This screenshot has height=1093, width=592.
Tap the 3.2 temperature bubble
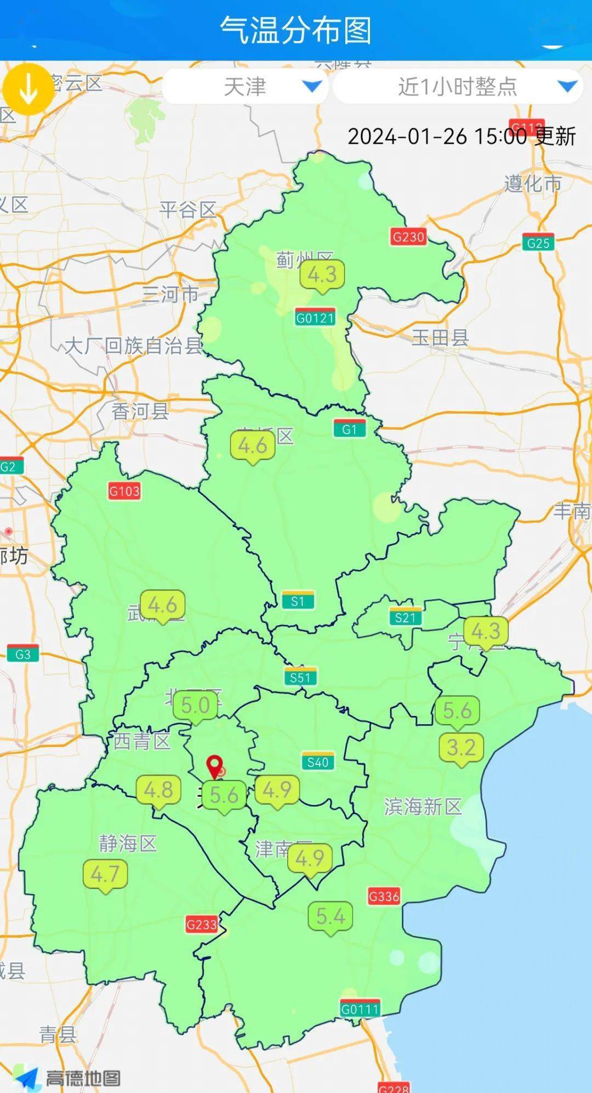point(461,747)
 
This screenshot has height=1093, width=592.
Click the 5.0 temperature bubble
point(195,706)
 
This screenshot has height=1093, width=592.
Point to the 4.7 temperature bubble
point(105,874)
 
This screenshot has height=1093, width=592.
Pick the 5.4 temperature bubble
point(331,916)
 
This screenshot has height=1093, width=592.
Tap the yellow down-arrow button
point(28,89)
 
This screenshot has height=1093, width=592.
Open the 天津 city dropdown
point(245,87)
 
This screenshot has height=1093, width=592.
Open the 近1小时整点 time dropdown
point(458,87)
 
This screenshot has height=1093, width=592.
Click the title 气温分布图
point(296,30)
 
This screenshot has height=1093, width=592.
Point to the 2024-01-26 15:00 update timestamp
point(462,136)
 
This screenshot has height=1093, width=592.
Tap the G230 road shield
point(408,237)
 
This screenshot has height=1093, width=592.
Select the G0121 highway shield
point(315,318)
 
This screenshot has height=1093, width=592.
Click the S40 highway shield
point(317,762)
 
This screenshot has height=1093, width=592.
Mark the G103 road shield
point(124,491)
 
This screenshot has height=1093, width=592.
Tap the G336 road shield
point(384,897)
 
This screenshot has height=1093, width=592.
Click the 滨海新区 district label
point(423,807)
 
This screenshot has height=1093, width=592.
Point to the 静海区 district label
point(128,843)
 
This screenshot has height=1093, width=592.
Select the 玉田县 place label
point(440,338)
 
